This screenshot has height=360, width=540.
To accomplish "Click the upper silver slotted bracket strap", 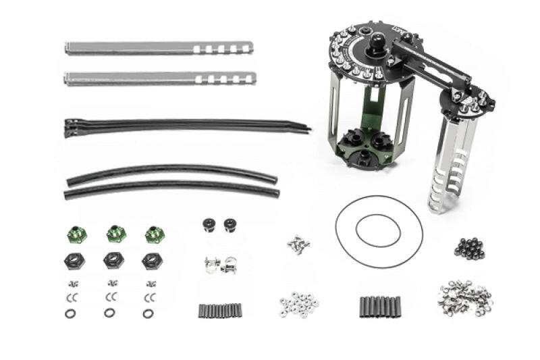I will [x=159, y=49].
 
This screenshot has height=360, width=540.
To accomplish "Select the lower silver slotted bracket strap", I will [x=159, y=78].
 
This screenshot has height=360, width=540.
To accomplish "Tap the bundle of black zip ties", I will [x=182, y=126].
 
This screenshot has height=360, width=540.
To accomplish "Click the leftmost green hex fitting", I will [x=77, y=234].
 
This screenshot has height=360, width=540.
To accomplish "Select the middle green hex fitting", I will [x=116, y=234].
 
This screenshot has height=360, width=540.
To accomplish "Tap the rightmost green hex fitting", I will [x=155, y=234].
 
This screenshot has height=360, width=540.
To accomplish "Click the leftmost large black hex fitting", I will [x=74, y=261].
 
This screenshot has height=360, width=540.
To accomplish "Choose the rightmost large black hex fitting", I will [x=152, y=261].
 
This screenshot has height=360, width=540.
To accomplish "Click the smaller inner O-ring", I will [x=378, y=230].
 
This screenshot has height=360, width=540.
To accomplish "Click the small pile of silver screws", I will [x=295, y=244].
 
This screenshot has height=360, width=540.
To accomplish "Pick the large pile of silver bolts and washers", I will [x=464, y=298].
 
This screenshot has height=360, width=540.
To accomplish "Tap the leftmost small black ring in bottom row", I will [x=71, y=313].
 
